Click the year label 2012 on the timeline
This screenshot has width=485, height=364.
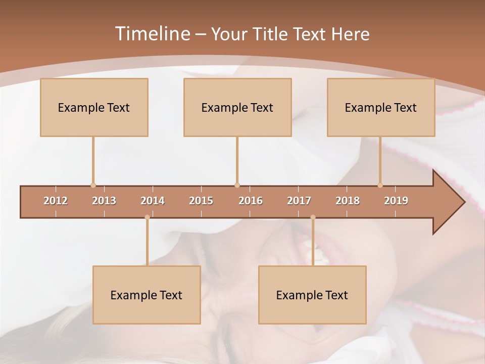click(x=56, y=201)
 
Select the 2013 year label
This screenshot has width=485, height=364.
click(x=104, y=201)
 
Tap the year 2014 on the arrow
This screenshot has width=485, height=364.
click(x=153, y=201)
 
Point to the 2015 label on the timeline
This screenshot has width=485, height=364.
click(x=201, y=201)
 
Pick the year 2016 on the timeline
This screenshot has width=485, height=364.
click(x=251, y=201)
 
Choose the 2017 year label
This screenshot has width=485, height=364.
click(x=299, y=201)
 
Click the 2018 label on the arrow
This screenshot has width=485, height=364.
click(x=348, y=201)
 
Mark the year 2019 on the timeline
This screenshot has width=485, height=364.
click(x=396, y=201)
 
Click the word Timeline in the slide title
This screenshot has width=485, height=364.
click(x=152, y=34)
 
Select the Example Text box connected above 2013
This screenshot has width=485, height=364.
click(x=94, y=107)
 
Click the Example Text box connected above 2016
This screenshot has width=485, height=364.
click(x=237, y=107)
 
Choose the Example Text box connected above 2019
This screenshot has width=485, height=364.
click(x=381, y=107)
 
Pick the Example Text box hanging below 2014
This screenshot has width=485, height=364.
click(x=147, y=295)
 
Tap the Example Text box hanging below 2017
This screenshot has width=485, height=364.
click(x=312, y=295)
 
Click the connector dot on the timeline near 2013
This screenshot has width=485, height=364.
click(x=93, y=185)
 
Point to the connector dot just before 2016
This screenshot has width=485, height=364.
click(x=237, y=185)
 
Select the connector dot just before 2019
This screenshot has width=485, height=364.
click(x=380, y=185)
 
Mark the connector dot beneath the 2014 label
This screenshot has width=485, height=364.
click(x=147, y=217)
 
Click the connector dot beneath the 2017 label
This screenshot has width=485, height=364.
click(x=313, y=217)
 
